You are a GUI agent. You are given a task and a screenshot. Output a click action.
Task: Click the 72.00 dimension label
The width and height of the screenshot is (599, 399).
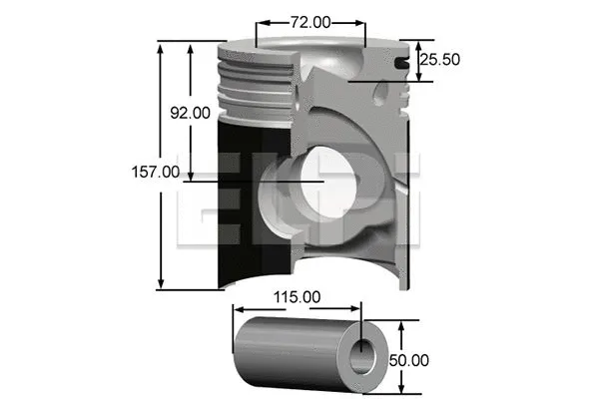pyautogui.click(x=309, y=20)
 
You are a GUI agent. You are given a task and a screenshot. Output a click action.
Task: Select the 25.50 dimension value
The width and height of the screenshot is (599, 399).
pyautogui.click(x=439, y=60)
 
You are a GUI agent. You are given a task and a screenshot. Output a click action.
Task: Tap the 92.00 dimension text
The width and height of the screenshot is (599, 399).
pyautogui.click(x=190, y=113)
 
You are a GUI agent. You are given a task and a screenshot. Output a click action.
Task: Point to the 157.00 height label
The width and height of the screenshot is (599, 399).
pyautogui.click(x=157, y=172)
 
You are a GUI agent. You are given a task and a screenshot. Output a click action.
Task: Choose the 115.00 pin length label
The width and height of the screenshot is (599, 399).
pyautogui.click(x=298, y=296)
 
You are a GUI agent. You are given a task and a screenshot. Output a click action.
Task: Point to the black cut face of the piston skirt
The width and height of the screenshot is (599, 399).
pyautogui.click(x=240, y=199)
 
